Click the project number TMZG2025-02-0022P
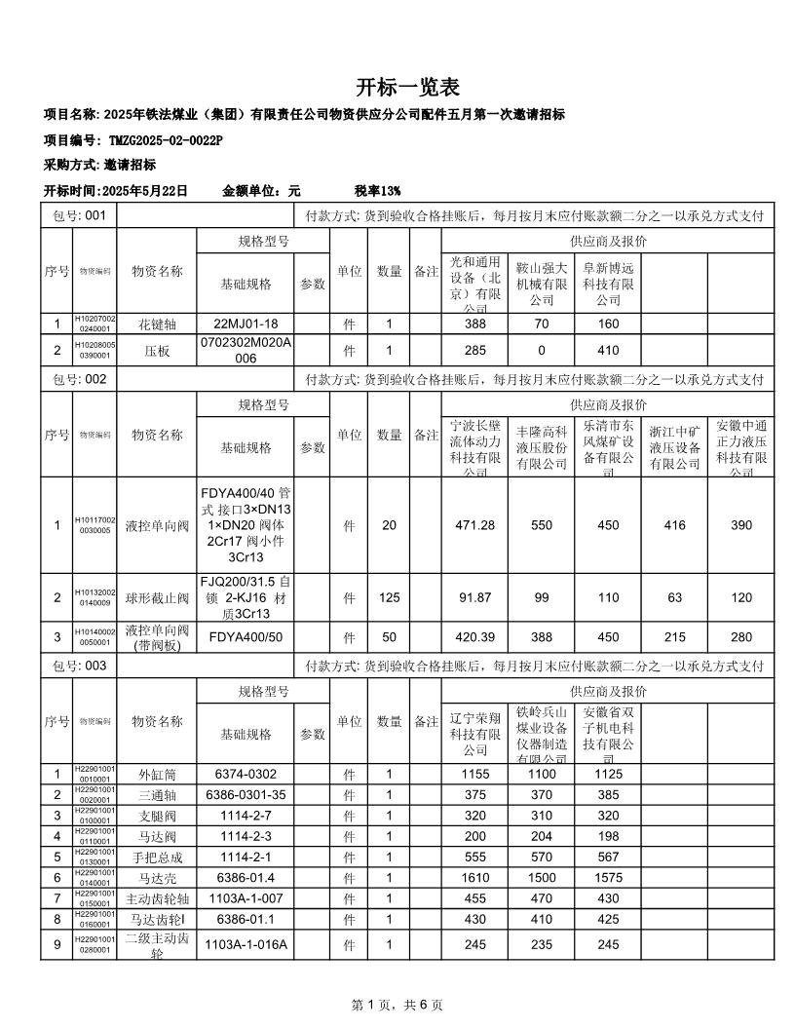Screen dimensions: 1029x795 coord(166,140)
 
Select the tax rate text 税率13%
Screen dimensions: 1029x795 coord(377,191)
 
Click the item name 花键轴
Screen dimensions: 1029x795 coord(157,324)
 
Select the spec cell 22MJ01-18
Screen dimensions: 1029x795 coord(246,324)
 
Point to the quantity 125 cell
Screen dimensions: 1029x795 coord(389,597)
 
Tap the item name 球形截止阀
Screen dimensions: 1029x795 coord(157,597)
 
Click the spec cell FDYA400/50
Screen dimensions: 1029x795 coord(246,637)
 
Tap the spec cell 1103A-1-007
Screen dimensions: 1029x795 coord(246,898)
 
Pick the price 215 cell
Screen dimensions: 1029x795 coord(674,637)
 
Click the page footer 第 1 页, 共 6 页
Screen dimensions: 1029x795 coord(397,1005)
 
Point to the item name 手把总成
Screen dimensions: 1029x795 coord(157,857)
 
